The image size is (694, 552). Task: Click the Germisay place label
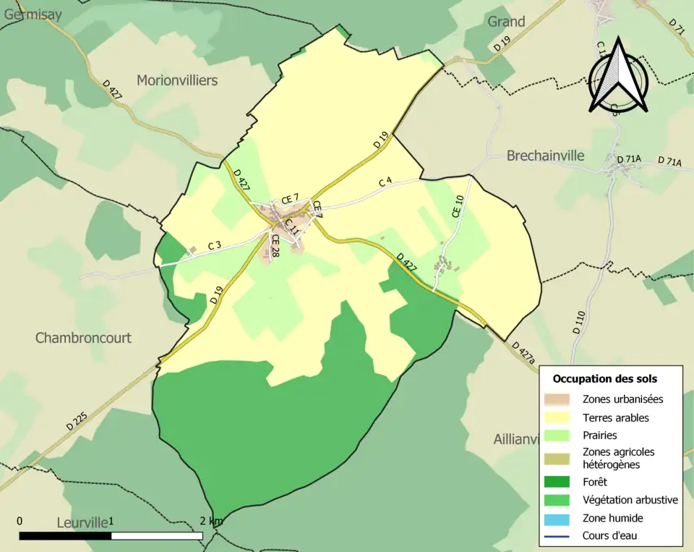coord(32,14)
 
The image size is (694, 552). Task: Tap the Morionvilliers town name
coord(177,80)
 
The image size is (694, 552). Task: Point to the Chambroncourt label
coord(83,338)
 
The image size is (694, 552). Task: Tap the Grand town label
coord(506,22)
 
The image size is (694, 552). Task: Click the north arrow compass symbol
coord(618,76)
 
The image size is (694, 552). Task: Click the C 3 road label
coord(214,245)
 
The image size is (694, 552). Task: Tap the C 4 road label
coord(385,182)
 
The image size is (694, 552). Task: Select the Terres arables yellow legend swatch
coord(558,418)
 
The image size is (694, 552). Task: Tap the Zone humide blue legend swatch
coord(558,518)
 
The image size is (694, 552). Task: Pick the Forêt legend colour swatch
coord(558,482)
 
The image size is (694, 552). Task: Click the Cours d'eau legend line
coord(558,536)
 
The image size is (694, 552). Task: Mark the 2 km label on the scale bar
coord(211,521)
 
